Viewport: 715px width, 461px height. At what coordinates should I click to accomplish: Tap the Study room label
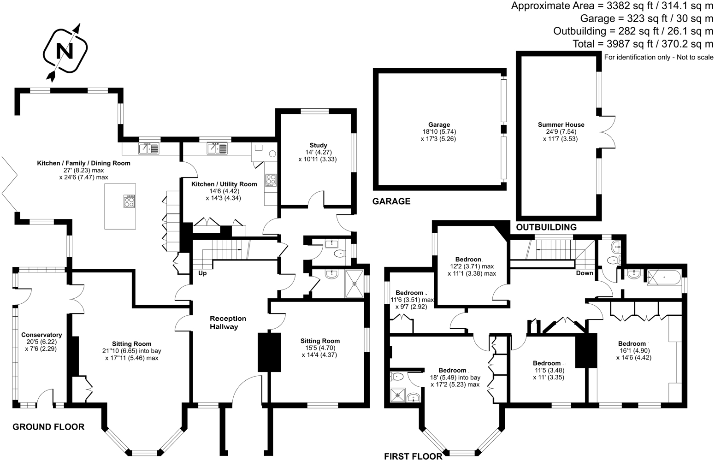click(318, 146)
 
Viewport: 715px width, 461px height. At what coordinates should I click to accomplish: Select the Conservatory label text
click(41, 335)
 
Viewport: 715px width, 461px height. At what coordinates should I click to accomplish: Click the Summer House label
click(561, 124)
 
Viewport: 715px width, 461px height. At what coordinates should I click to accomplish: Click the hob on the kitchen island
click(129, 201)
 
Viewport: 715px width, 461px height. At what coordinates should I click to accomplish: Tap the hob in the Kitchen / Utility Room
click(271, 179)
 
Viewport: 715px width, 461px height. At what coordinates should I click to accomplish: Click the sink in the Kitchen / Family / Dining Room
click(148, 148)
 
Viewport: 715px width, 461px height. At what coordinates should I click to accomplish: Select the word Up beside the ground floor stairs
click(202, 273)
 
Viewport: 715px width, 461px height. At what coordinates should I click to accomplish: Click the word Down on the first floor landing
click(585, 273)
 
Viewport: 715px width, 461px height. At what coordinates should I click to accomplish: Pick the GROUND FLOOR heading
click(48, 427)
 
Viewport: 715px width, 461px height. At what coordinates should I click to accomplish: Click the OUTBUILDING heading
click(546, 227)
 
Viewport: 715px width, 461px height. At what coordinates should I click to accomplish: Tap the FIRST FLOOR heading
click(413, 456)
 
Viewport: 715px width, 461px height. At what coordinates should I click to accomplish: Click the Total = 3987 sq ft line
click(643, 44)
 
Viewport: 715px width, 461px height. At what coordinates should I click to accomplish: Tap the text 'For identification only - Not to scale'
click(658, 57)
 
